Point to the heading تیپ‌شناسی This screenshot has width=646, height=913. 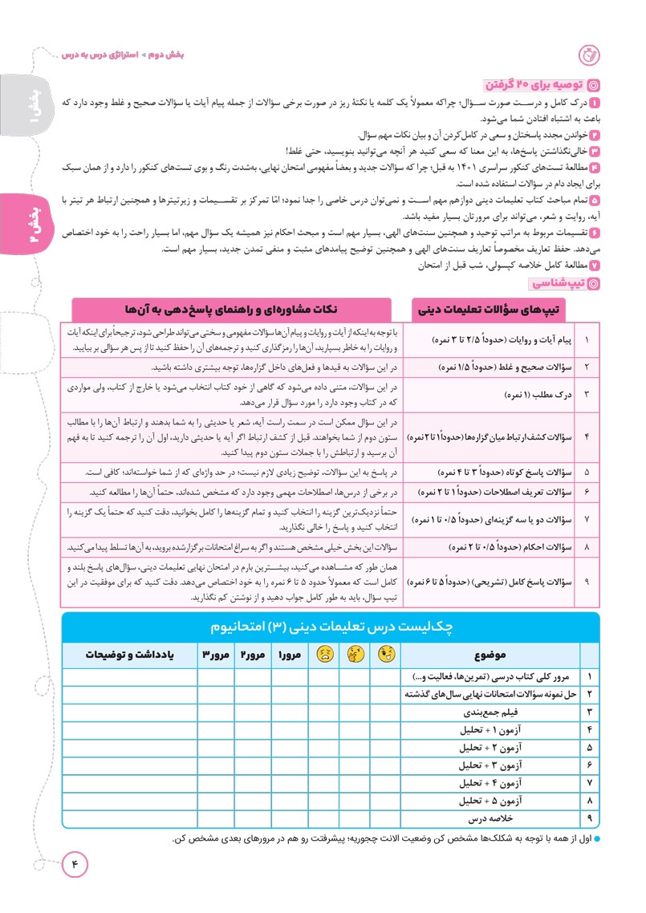click(x=555, y=283)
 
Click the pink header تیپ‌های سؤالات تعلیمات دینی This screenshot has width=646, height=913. click(x=499, y=309)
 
